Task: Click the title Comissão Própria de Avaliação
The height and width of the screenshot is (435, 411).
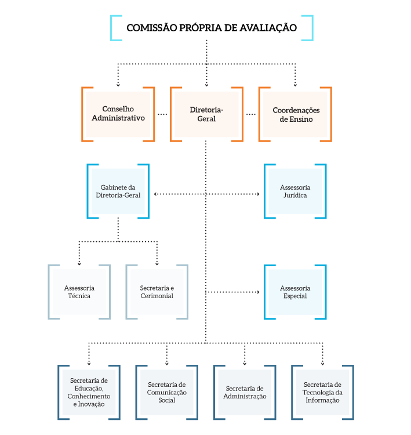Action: click(x=212, y=27)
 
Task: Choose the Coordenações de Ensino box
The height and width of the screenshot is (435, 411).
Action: click(x=296, y=114)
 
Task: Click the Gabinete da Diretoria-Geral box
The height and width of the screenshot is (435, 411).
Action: click(x=118, y=191)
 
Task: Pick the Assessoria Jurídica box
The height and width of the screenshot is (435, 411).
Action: click(x=295, y=191)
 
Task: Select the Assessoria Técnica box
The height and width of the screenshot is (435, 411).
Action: click(x=79, y=292)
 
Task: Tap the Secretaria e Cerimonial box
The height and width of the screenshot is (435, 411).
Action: click(x=157, y=292)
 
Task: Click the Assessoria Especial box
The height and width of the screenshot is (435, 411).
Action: click(x=295, y=292)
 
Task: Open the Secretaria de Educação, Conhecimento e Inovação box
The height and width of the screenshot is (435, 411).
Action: click(x=89, y=392)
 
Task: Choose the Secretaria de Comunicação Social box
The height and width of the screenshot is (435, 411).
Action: click(x=167, y=392)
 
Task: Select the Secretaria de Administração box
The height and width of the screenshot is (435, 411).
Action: click(x=245, y=392)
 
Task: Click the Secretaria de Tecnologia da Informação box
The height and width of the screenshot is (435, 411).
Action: click(x=323, y=392)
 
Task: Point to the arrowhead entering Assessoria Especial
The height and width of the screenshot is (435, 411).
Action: click(x=258, y=292)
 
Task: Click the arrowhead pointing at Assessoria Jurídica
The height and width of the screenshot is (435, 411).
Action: click(x=258, y=194)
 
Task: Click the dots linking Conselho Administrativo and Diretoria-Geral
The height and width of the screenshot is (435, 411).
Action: click(x=162, y=114)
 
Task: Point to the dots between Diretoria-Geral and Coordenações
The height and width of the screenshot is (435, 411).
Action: click(x=251, y=114)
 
